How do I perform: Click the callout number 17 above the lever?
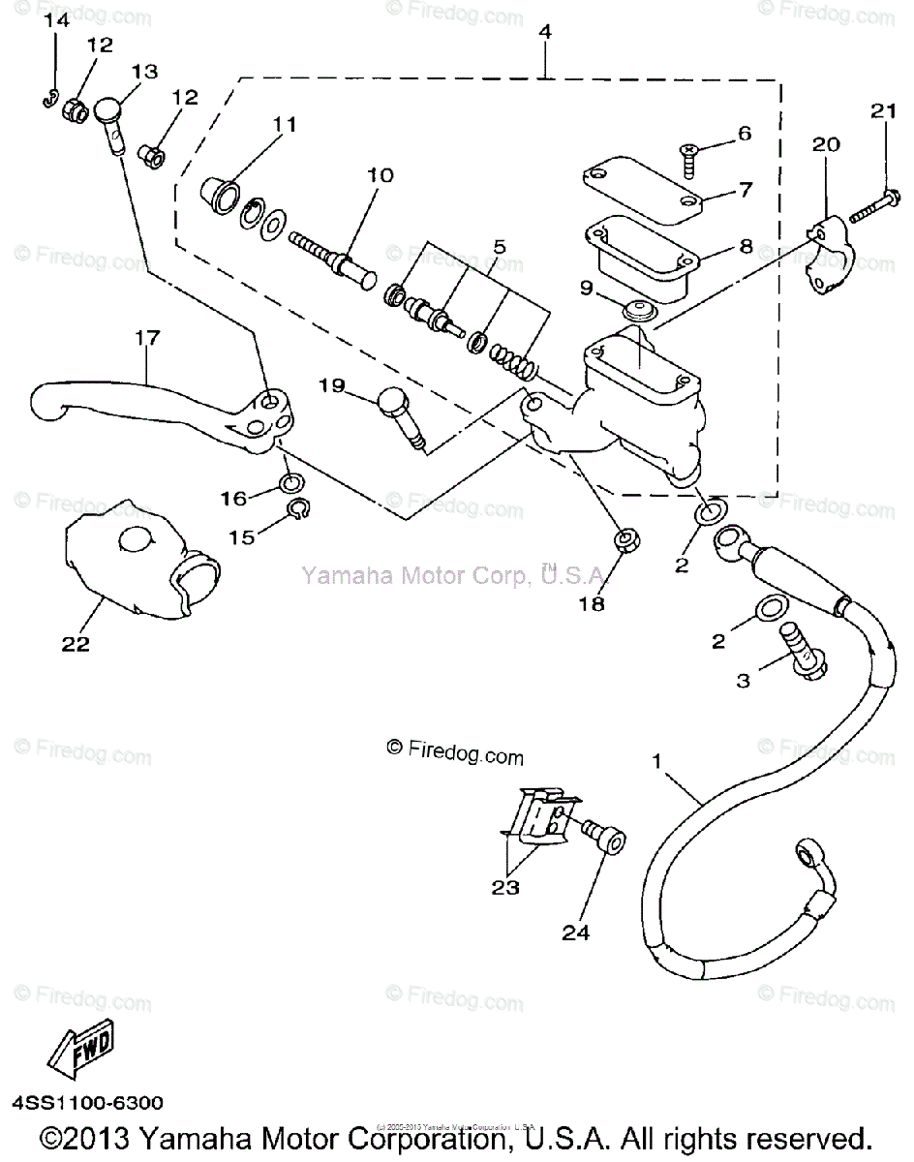[148, 338]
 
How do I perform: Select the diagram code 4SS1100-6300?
[87, 1102]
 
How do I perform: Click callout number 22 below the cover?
[76, 643]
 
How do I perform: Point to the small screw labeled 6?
[689, 155]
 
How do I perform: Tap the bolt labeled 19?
[401, 414]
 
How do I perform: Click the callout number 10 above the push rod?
[381, 175]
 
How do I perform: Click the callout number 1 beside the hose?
[657, 761]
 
